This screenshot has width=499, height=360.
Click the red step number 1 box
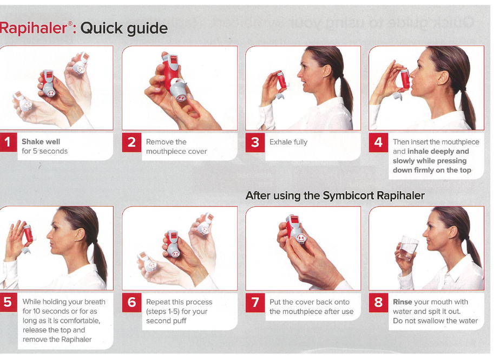[x=8, y=142]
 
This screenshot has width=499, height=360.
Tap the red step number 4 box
[x=378, y=142]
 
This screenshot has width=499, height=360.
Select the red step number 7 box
[x=255, y=303]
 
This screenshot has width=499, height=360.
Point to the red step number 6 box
[x=132, y=303]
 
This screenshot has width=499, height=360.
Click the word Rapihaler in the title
[x=33, y=28]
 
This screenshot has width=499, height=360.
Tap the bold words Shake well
[x=41, y=142]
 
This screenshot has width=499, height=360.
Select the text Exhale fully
[x=288, y=142]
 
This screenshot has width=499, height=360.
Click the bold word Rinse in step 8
[x=403, y=302]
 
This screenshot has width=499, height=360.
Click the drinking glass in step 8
[x=408, y=248]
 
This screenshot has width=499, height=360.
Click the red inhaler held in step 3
[x=281, y=80]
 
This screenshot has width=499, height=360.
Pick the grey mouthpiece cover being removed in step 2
[x=179, y=90]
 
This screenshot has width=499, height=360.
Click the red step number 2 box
[x=132, y=142]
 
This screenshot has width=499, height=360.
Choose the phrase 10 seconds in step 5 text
[x=49, y=311]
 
